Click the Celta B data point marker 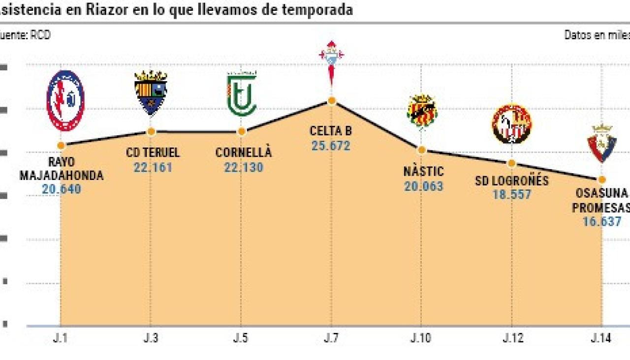(332, 101)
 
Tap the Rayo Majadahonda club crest (65, 100)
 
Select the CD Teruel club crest (151, 92)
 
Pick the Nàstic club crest (422, 111)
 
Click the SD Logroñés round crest (512, 124)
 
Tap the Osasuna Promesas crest (601, 143)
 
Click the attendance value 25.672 (331, 146)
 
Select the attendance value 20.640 (61, 189)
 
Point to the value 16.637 (601, 221)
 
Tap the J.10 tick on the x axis (421, 339)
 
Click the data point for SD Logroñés (511, 163)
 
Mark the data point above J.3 (151, 131)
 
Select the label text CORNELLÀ (243, 152)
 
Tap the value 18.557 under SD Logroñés (512, 195)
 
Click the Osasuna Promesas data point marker (601, 180)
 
